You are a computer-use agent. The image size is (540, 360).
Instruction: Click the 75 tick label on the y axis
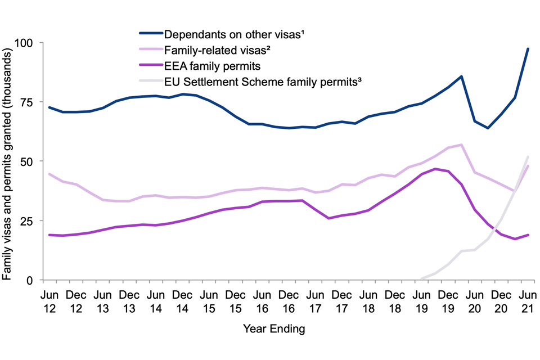(x=28, y=102)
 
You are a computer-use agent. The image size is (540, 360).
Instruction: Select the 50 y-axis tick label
(x=28, y=161)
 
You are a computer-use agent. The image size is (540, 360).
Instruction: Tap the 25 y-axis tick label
(x=28, y=220)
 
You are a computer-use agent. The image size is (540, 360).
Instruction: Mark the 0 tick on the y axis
(x=31, y=280)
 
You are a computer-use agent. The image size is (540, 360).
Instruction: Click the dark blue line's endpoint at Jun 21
(x=528, y=49)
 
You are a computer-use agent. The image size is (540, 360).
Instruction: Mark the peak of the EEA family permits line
(x=435, y=169)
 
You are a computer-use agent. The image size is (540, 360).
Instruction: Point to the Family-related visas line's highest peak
(x=461, y=145)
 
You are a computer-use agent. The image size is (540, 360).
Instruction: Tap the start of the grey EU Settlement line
(x=421, y=278)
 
